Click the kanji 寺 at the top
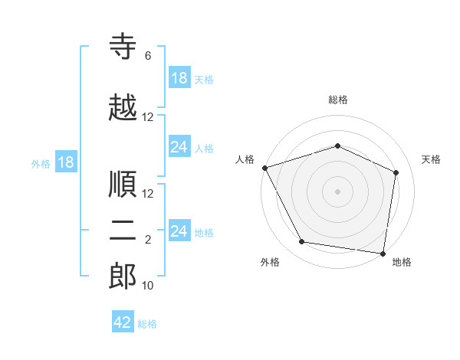[x=123, y=46]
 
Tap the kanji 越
[x=123, y=107]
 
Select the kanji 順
[x=123, y=184]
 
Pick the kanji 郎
[x=123, y=276]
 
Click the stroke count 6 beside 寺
[x=148, y=56]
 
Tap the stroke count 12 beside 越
[x=147, y=117]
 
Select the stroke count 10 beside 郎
[x=147, y=285]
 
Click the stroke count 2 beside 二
[x=148, y=240]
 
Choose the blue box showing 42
[x=123, y=321]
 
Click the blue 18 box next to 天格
[x=180, y=77]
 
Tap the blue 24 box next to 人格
[x=180, y=146]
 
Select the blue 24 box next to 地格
[x=180, y=230]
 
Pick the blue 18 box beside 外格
[x=66, y=162]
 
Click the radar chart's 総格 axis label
[x=338, y=100]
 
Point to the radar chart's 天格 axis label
[x=431, y=159]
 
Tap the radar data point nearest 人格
[x=265, y=168]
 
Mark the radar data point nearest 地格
[x=383, y=254]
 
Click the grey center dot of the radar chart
[x=337, y=191]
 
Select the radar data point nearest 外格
[x=301, y=241]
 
